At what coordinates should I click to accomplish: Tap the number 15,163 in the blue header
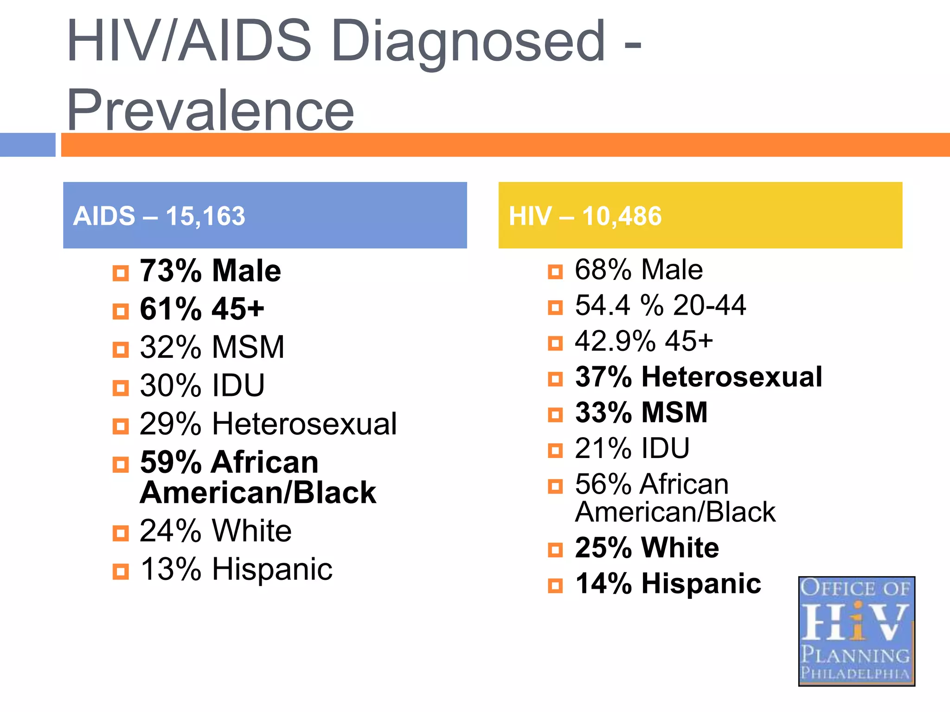[205, 216]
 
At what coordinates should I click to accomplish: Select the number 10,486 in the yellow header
[622, 216]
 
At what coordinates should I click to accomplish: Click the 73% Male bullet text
[210, 271]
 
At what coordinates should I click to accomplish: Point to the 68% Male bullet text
[638, 270]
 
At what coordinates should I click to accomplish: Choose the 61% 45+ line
[202, 309]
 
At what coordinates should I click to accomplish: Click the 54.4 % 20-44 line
[660, 305]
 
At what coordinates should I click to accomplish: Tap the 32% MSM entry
[212, 347]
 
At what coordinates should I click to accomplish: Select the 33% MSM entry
[641, 412]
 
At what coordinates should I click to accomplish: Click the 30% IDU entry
[202, 386]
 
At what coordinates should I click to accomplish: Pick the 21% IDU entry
[632, 448]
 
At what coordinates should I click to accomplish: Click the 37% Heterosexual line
[698, 376]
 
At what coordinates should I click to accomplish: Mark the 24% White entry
[215, 531]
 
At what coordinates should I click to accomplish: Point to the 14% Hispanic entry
[668, 584]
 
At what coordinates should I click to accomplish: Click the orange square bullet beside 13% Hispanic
[121, 572]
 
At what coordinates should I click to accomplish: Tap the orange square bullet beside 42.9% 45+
[555, 343]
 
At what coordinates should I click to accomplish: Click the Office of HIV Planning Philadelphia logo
[856, 631]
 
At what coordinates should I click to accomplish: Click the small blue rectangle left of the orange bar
[27, 145]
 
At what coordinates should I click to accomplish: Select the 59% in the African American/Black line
[170, 463]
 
